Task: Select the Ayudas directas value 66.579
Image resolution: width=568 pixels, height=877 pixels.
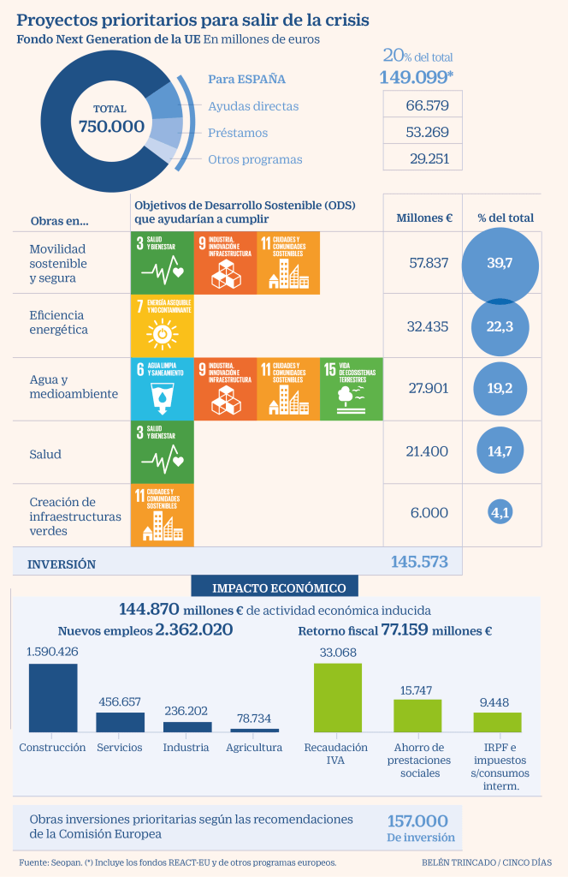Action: tap(422, 105)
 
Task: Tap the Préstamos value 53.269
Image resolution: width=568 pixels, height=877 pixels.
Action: tap(422, 132)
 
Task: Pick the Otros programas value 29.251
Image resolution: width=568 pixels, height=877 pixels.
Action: tap(422, 158)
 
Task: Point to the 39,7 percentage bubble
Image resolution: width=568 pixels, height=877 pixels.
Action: tap(500, 263)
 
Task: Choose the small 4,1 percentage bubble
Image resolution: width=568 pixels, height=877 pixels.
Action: tap(500, 512)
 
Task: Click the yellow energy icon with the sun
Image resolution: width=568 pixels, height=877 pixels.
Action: tap(162, 325)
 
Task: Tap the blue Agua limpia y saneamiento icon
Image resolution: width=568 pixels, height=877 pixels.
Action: tap(162, 389)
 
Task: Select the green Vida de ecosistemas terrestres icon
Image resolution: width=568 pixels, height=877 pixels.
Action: tap(351, 389)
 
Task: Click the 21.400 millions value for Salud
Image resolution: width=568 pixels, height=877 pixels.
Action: tap(429, 452)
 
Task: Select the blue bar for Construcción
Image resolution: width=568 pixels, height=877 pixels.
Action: tap(53, 698)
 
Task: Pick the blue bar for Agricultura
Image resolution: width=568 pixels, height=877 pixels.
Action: tap(254, 730)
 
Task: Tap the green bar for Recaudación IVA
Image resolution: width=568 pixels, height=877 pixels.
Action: tap(338, 697)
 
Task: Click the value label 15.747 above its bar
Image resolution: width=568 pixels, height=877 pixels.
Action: tap(417, 690)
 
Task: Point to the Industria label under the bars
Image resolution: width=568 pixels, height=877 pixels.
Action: tap(186, 747)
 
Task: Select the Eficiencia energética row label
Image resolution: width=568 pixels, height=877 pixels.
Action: tap(59, 322)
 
